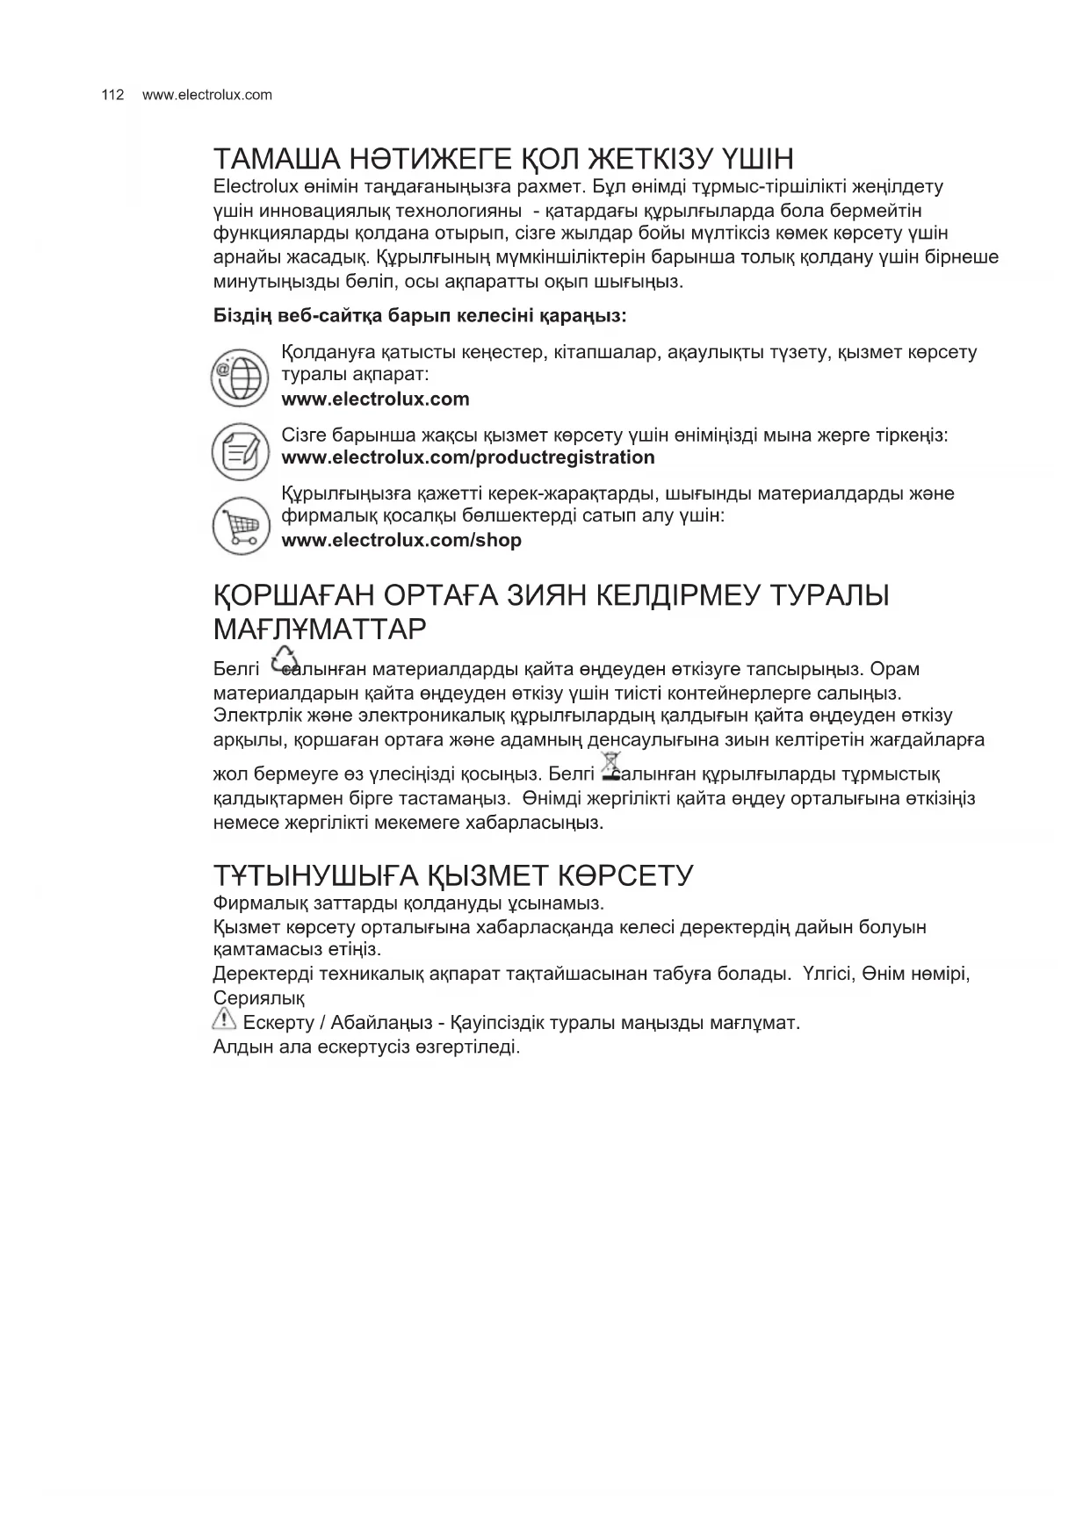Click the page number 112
(113, 95)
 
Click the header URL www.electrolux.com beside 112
(207, 95)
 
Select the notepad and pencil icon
(240, 451)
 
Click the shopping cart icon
(240, 526)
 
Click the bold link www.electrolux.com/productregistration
(467, 457)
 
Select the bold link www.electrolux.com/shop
(401, 540)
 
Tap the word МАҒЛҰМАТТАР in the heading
(320, 629)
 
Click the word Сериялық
(258, 998)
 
